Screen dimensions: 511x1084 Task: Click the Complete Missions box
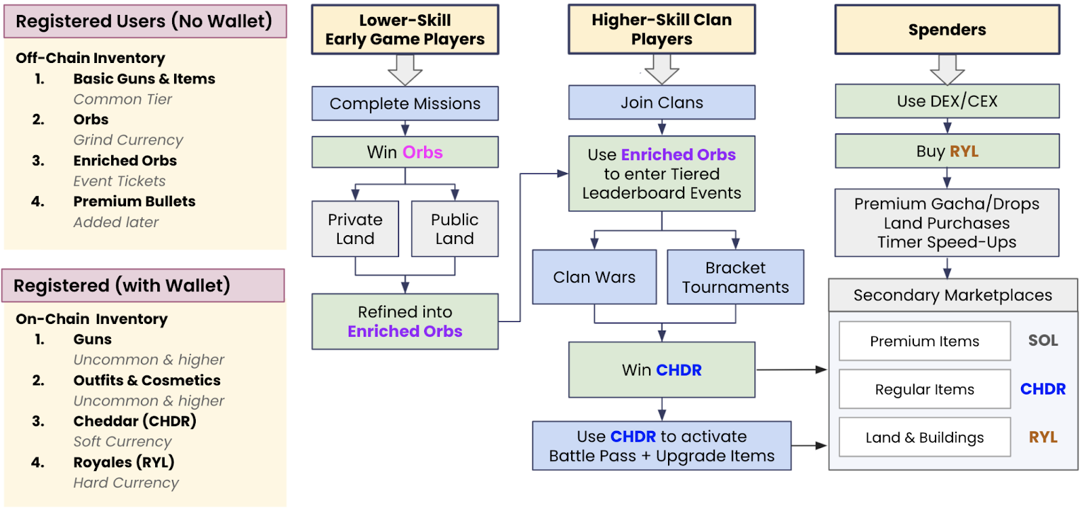(404, 104)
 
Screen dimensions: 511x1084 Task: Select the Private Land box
(355, 229)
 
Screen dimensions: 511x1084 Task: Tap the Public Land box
(455, 229)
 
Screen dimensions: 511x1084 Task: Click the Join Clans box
(662, 102)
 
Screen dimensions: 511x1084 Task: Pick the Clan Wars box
(594, 277)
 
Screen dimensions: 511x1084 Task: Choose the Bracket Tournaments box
(735, 277)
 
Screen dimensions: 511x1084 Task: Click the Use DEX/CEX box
(947, 101)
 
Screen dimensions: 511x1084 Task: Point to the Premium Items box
(925, 341)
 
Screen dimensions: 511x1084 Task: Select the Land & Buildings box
(925, 437)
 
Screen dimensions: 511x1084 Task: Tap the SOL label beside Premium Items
(1043, 340)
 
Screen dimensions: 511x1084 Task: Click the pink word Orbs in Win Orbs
(423, 152)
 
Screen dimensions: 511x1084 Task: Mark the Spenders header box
(947, 30)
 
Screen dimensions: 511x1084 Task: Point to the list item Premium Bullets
(134, 201)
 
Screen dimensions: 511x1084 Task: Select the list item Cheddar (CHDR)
(135, 421)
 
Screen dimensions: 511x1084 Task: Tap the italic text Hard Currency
(126, 483)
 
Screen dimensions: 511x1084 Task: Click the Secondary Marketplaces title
(953, 295)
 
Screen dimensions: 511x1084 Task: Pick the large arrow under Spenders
(947, 69)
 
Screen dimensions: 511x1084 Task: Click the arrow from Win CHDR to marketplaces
(791, 370)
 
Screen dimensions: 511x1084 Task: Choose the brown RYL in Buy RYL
(964, 151)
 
